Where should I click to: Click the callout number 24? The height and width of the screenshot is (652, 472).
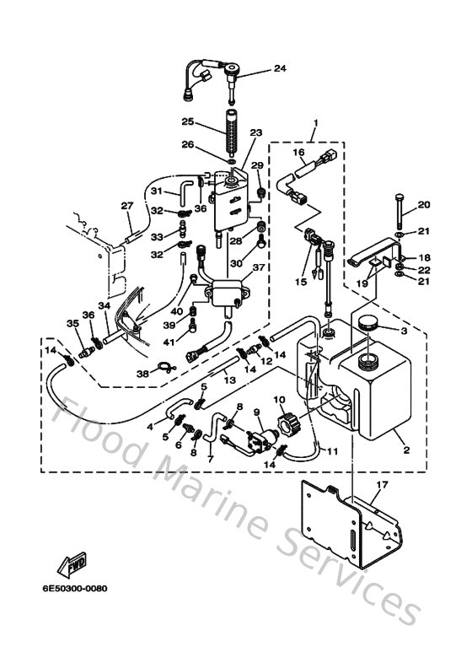click(279, 67)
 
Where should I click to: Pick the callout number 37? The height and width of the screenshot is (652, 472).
click(258, 267)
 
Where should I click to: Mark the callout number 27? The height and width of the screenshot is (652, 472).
click(126, 206)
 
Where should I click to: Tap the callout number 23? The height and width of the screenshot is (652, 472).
click(256, 132)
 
